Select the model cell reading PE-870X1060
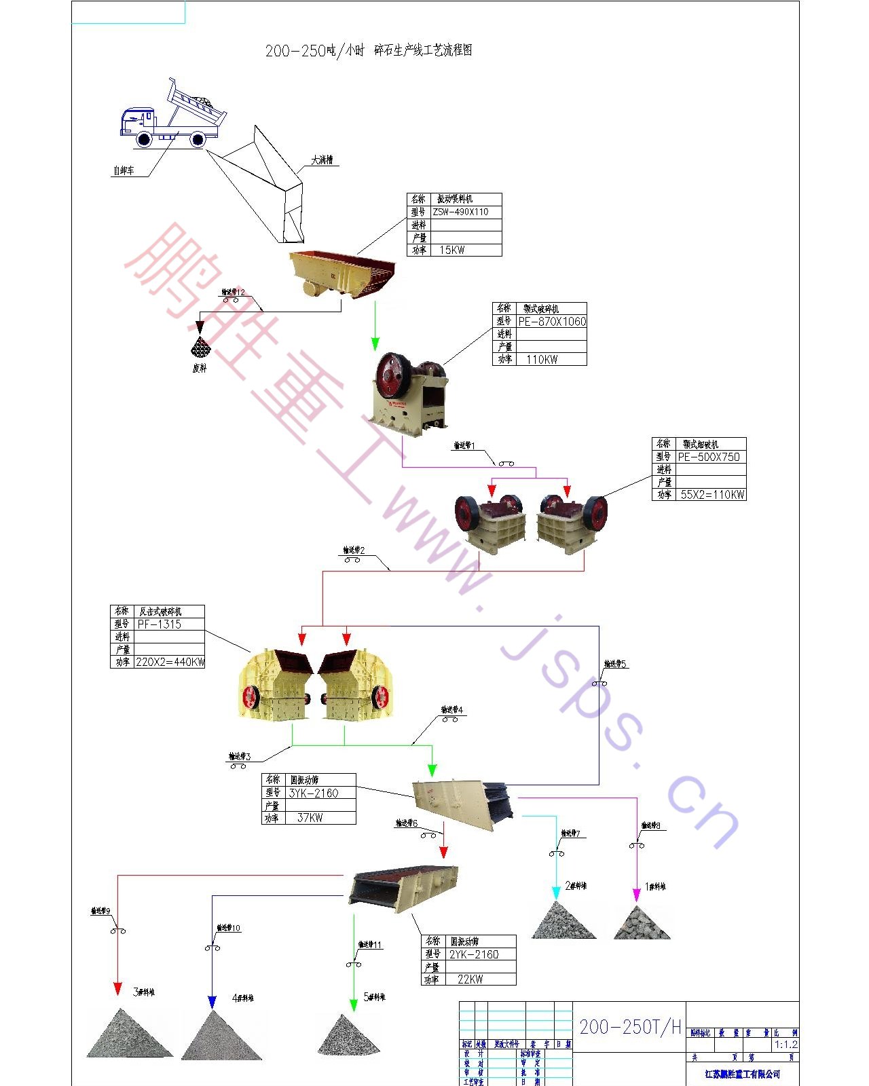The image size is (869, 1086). point(551,322)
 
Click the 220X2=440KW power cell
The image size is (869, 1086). point(170,662)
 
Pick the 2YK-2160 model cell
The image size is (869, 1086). point(474,954)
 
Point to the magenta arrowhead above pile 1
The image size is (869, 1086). point(637,894)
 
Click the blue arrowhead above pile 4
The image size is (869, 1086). point(212,1002)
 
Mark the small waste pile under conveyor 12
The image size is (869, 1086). point(200,348)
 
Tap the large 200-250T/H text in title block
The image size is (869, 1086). point(629,1027)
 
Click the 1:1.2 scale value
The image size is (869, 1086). point(786,1045)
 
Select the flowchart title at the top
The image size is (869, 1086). point(369,50)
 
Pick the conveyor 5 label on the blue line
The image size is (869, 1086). point(615,664)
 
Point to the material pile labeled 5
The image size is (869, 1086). point(348,1036)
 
